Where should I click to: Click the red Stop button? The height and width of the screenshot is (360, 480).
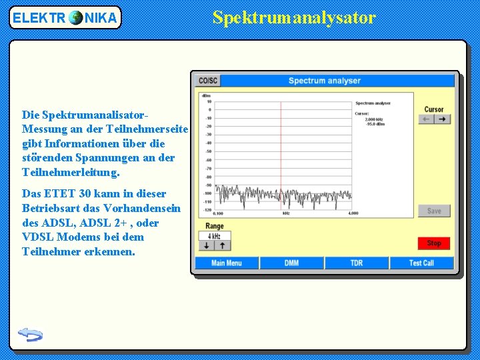pyautogui.click(x=434, y=243)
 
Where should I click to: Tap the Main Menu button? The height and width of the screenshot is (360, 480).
pyautogui.click(x=226, y=263)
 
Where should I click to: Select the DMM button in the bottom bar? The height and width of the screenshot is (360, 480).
pyautogui.click(x=291, y=263)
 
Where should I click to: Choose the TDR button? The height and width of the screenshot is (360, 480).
pyautogui.click(x=357, y=263)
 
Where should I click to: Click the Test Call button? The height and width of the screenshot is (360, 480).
pyautogui.click(x=421, y=263)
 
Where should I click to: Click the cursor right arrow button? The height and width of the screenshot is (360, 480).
pyautogui.click(x=443, y=119)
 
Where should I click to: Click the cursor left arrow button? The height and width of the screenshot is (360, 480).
pyautogui.click(x=426, y=119)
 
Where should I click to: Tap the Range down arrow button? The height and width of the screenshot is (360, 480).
pyautogui.click(x=207, y=245)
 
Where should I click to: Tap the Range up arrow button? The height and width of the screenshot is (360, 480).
pyautogui.click(x=222, y=245)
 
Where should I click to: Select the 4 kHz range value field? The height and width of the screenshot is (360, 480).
pyautogui.click(x=214, y=236)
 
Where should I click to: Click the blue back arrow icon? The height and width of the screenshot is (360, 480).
pyautogui.click(x=30, y=334)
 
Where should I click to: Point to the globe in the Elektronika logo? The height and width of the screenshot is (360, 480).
pyautogui.click(x=75, y=18)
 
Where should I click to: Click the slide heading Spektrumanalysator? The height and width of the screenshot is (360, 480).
pyautogui.click(x=294, y=18)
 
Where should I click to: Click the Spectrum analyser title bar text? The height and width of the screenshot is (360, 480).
pyautogui.click(x=324, y=81)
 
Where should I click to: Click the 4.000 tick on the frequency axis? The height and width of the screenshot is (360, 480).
pyautogui.click(x=353, y=213)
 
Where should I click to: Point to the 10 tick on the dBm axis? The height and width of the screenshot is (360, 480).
pyautogui.click(x=209, y=101)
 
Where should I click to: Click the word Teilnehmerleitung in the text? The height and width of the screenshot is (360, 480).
pyautogui.click(x=70, y=173)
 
